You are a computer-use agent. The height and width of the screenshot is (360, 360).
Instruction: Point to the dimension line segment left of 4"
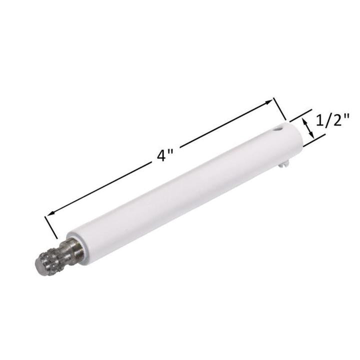(100, 188)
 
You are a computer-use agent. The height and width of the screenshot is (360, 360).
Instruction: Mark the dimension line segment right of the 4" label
(225, 124)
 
